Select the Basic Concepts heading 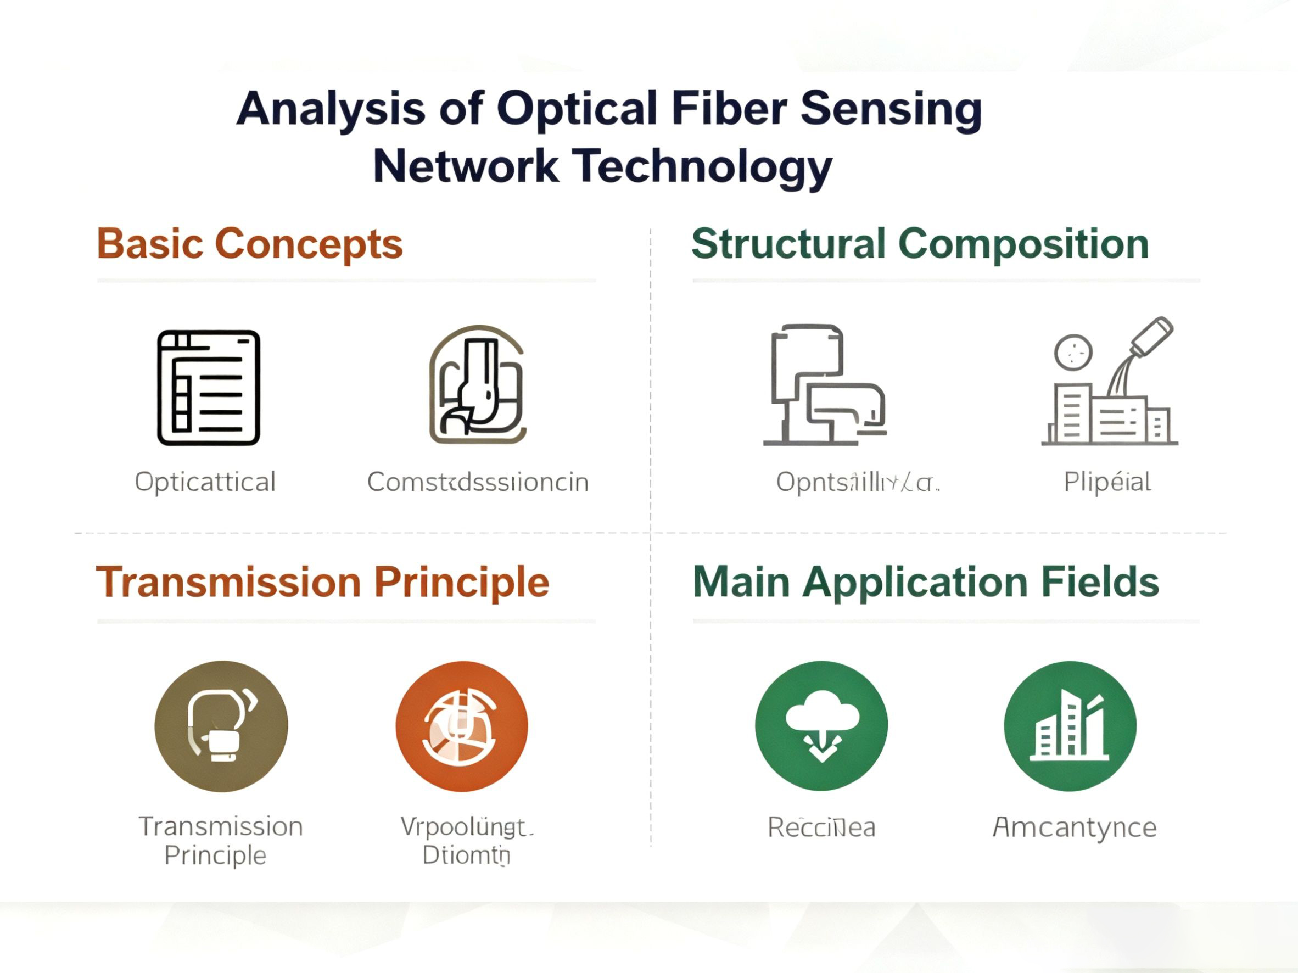250,244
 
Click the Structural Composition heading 920,244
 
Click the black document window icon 208,388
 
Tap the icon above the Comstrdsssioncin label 477,385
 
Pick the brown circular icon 221,726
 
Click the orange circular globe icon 462,726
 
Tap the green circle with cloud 821,726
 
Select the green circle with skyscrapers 1070,726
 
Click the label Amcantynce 1075,828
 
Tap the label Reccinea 821,828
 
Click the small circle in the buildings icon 1073,352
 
